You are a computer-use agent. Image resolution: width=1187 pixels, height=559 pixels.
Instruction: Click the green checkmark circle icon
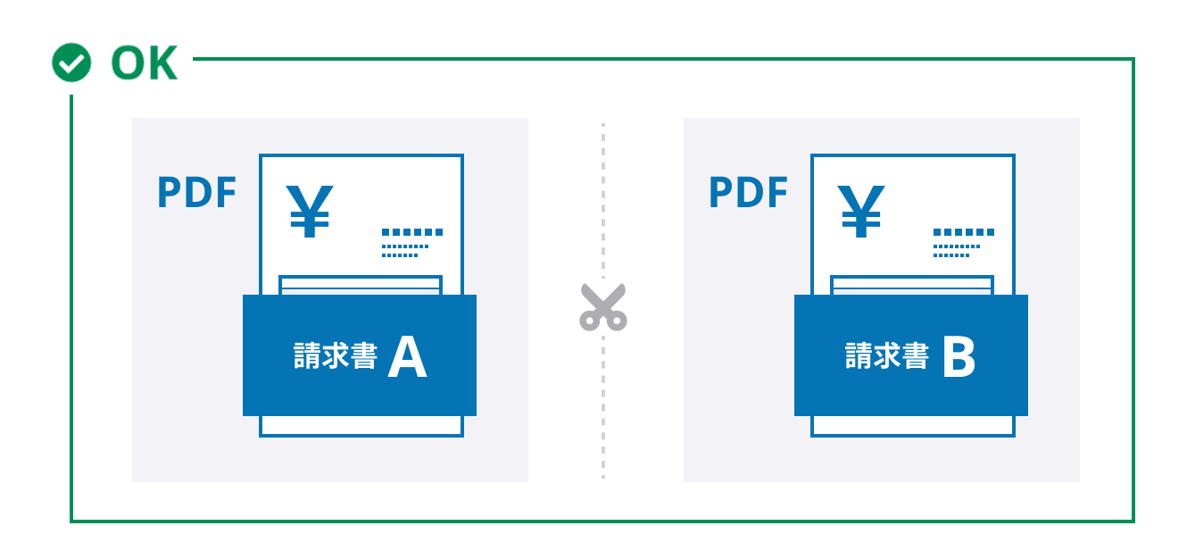tap(71, 63)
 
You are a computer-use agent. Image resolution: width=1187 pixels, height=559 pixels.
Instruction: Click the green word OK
tap(145, 63)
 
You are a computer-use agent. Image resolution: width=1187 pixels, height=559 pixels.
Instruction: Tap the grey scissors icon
tap(603, 307)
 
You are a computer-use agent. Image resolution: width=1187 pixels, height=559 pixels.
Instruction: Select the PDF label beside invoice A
tap(196, 192)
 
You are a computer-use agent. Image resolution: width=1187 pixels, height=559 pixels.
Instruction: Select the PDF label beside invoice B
tap(748, 192)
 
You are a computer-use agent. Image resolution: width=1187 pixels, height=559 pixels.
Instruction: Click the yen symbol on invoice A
tap(310, 211)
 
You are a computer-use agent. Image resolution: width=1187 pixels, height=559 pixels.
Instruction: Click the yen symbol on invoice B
tap(861, 211)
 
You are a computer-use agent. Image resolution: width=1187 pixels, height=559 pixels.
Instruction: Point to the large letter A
tap(407, 357)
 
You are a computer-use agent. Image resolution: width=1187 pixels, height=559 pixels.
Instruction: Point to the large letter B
tap(959, 357)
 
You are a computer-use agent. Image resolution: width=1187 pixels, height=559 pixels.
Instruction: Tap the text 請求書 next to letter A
tap(336, 355)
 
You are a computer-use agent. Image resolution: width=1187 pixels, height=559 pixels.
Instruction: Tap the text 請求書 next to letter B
tap(887, 355)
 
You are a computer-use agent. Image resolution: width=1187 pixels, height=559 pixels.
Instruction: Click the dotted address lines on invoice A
tap(412, 243)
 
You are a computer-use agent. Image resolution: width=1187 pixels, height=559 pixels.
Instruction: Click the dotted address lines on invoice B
tap(964, 243)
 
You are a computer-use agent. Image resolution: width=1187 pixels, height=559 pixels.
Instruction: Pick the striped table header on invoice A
tap(361, 286)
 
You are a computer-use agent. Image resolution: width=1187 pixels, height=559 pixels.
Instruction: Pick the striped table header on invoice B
tap(912, 286)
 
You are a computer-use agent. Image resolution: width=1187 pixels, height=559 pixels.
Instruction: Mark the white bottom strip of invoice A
tap(361, 426)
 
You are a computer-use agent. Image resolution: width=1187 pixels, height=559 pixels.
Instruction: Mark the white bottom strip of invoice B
tap(913, 426)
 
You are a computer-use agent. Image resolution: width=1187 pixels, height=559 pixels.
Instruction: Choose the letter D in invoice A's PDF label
tap(197, 192)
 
